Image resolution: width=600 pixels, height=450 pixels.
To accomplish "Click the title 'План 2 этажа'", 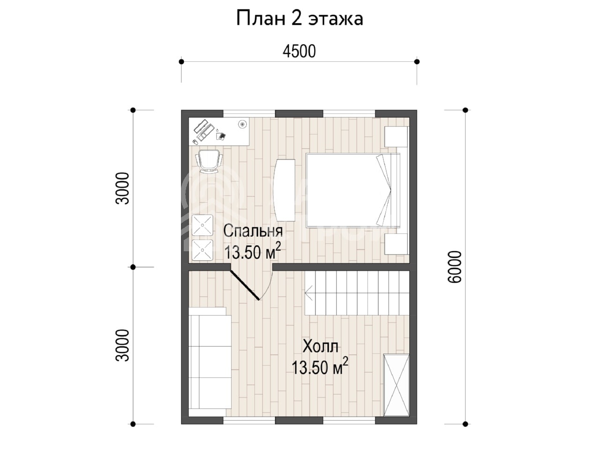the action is [300, 19].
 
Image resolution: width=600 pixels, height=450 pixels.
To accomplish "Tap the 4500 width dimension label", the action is [299, 52].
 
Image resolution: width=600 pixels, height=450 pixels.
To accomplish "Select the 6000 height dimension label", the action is [454, 267].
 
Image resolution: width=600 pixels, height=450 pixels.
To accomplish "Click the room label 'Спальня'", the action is [253, 231].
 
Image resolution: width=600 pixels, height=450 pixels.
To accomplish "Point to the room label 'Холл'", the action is [320, 346].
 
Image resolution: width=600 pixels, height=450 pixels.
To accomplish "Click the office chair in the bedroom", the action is [209, 161].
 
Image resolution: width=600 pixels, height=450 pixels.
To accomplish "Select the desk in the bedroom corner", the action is [219, 131].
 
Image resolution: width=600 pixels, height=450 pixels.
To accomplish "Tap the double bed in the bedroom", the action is [353, 190].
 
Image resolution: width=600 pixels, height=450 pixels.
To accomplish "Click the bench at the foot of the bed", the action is [284, 190].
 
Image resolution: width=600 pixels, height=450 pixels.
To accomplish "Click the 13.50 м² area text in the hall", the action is [320, 367].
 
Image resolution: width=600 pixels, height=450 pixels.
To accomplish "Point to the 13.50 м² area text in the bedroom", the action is [253, 251].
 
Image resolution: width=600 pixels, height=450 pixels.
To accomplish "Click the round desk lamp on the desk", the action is [242, 124].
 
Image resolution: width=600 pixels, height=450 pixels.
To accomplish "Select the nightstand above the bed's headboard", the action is [396, 136].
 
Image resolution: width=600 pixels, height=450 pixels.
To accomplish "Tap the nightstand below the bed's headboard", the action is [396, 244].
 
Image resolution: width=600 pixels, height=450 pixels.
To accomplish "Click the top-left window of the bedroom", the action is [249, 113].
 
